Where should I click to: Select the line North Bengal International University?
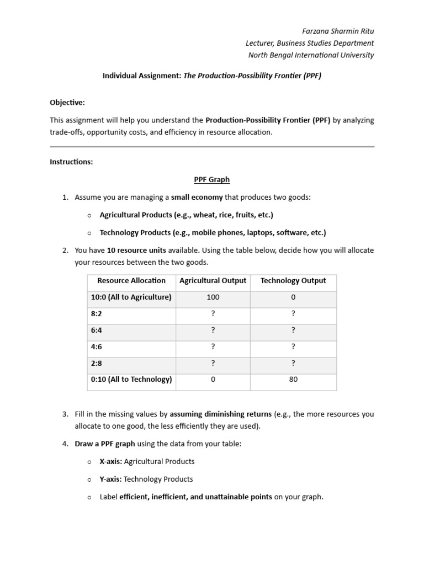click(x=311, y=55)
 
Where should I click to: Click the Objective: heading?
click(x=67, y=103)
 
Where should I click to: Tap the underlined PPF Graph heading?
click(x=211, y=179)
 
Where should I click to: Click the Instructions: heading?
click(x=71, y=162)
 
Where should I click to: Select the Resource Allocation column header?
click(x=131, y=281)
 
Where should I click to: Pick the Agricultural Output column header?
click(x=213, y=281)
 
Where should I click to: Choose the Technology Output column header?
click(x=293, y=281)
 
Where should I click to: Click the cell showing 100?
click(x=213, y=297)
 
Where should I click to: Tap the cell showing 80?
click(x=293, y=380)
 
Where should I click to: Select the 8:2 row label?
click(x=97, y=314)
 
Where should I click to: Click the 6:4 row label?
click(x=97, y=331)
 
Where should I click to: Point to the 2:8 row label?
click(x=97, y=363)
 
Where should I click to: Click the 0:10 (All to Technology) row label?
click(x=131, y=380)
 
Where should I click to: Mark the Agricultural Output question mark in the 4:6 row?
click(x=213, y=347)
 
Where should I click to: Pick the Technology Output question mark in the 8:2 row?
click(x=293, y=314)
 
